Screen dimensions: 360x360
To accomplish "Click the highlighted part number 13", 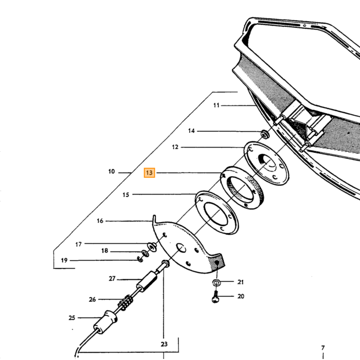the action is pyautogui.click(x=149, y=173).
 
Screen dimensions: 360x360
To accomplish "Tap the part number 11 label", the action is pyautogui.click(x=217, y=105).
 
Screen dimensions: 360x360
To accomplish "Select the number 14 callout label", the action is pyautogui.click(x=191, y=131).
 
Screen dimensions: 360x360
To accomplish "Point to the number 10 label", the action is pyautogui.click(x=112, y=171).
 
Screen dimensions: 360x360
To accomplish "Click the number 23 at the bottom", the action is pyautogui.click(x=164, y=344).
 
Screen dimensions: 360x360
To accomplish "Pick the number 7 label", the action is pyautogui.click(x=323, y=348).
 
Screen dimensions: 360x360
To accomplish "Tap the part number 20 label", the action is pyautogui.click(x=241, y=296).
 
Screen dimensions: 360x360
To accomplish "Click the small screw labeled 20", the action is pyautogui.click(x=215, y=297).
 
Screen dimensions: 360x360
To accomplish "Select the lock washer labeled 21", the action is pyautogui.click(x=217, y=283).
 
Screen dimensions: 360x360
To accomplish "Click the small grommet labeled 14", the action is pyautogui.click(x=265, y=134).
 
